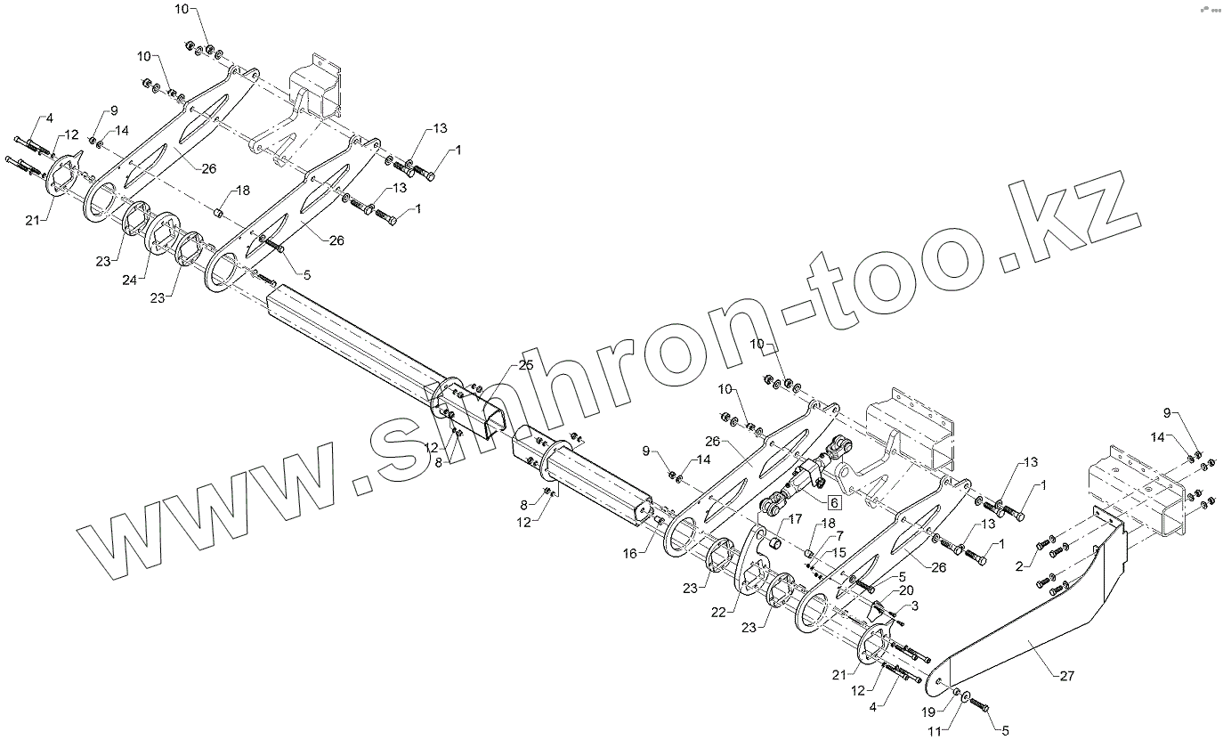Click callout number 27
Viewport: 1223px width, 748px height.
[x=1067, y=676]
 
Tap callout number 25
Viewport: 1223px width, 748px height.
[x=526, y=366]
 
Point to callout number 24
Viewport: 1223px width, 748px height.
[x=130, y=280]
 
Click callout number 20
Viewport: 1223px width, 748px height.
[x=905, y=590]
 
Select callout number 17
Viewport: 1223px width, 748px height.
[x=795, y=518]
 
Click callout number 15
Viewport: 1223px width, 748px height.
[x=839, y=553]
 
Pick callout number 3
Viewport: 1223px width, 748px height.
[x=914, y=606]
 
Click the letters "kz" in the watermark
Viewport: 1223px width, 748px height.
[x=1081, y=227]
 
